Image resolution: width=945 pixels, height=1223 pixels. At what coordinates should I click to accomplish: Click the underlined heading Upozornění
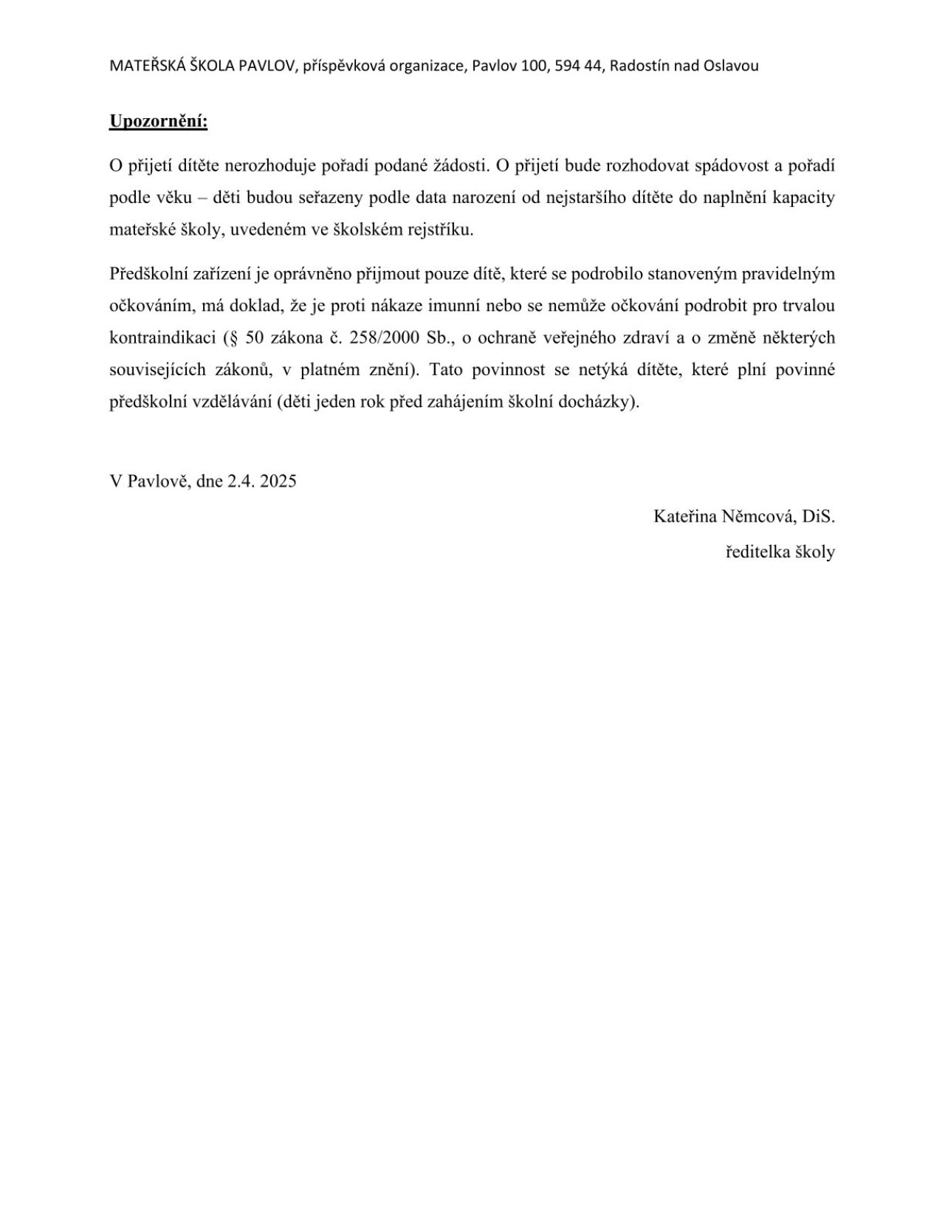[x=158, y=121]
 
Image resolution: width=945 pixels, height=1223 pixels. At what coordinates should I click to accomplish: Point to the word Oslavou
[x=731, y=66]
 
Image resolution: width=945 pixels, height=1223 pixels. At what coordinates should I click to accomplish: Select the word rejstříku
[x=441, y=230]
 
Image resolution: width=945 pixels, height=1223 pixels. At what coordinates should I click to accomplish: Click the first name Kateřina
[x=685, y=516]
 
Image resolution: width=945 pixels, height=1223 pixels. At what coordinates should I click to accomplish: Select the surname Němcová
[x=760, y=516]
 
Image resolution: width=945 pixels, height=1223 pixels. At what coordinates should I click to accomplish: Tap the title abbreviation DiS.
[x=818, y=516]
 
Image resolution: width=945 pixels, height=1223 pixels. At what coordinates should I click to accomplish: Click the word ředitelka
[x=756, y=552]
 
